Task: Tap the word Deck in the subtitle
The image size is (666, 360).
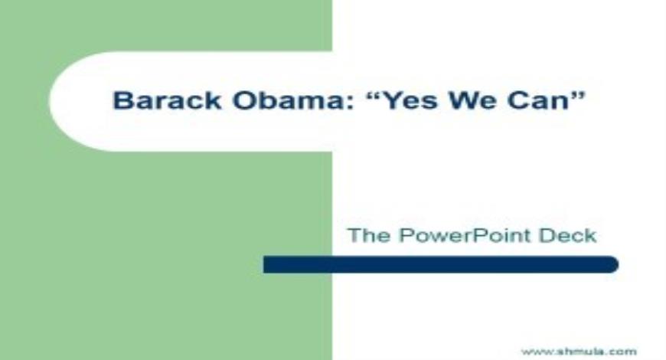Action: [570, 235]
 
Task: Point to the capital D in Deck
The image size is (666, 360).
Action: [552, 235]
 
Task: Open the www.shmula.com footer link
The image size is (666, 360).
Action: [578, 352]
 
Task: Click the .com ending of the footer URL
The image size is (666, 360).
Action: [623, 352]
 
